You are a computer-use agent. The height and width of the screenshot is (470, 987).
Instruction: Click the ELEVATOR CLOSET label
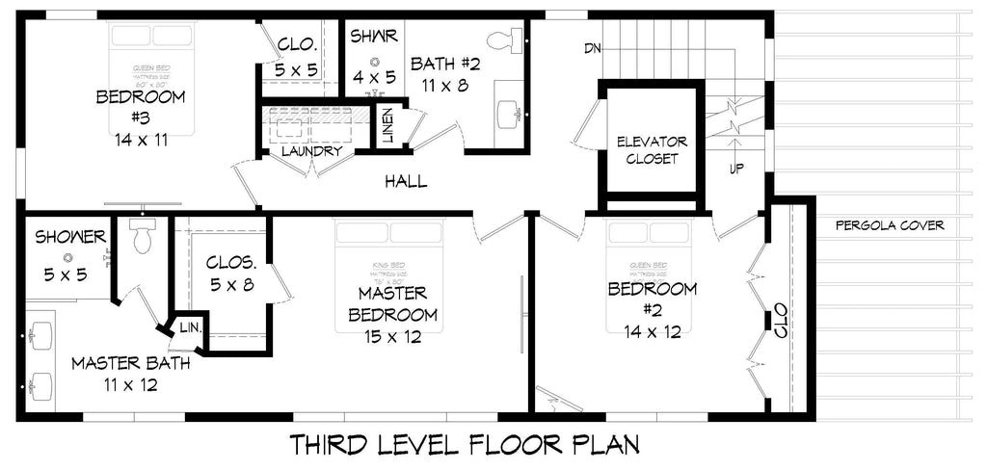point(652,150)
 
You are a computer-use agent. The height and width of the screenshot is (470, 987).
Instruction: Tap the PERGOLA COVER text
point(890,226)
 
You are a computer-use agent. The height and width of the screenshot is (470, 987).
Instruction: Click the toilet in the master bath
point(143,235)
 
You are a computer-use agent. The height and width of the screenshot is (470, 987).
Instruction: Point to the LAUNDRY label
point(312,151)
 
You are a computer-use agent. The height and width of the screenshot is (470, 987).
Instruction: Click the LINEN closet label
point(387,124)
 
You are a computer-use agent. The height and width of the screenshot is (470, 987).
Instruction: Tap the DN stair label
point(592,47)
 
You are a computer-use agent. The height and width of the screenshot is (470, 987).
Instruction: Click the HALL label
point(406,181)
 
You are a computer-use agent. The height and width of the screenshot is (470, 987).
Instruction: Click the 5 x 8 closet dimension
point(231,284)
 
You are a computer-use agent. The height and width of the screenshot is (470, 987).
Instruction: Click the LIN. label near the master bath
point(190,328)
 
